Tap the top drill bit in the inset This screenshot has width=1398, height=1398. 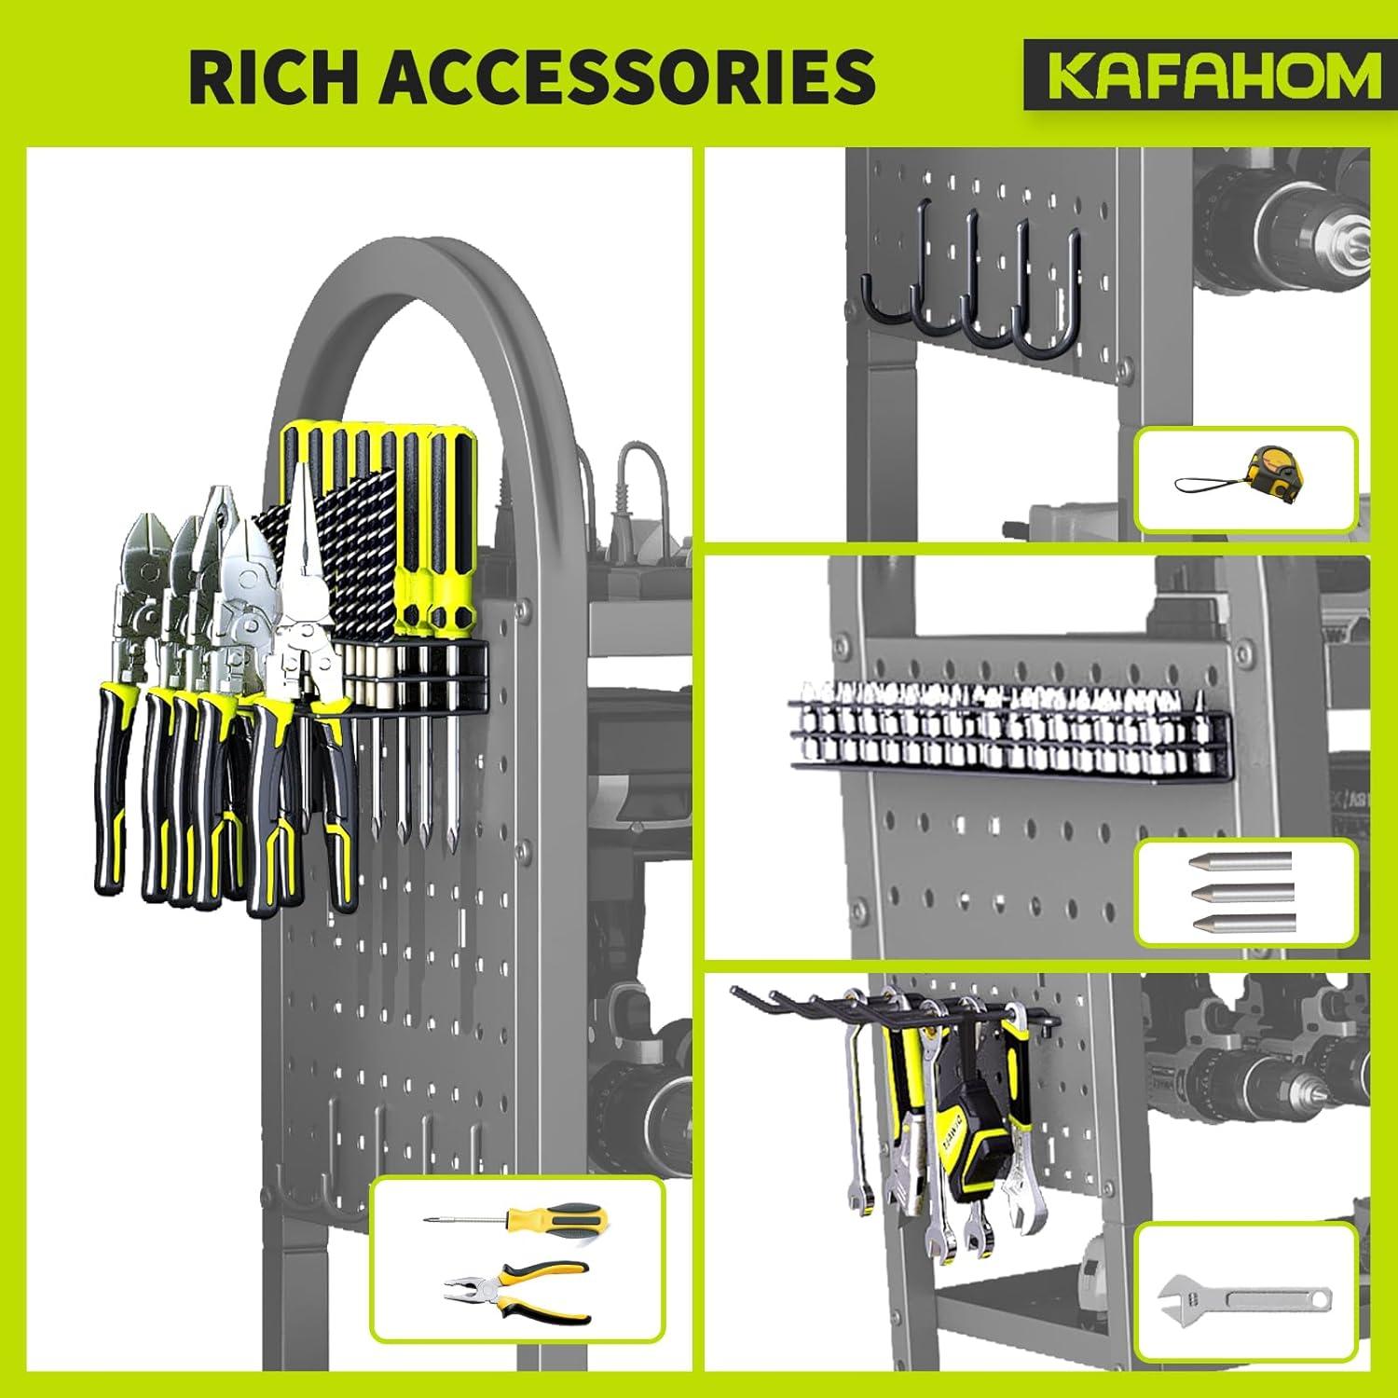(x=1239, y=861)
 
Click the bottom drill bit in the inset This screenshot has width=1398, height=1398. (x=1242, y=923)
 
